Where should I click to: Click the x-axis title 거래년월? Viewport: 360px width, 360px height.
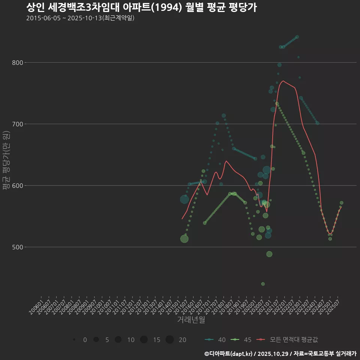(x=191, y=320)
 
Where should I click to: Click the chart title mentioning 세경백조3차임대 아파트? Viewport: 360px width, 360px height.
(x=141, y=7)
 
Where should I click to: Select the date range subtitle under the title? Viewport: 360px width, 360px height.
(x=80, y=18)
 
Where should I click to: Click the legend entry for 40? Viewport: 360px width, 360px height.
(x=215, y=340)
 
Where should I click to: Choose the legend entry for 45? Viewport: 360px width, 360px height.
(x=241, y=340)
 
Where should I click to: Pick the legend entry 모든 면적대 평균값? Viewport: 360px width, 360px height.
(x=289, y=340)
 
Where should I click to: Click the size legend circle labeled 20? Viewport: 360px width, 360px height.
(x=170, y=340)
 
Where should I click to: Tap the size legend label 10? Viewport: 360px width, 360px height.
(x=130, y=340)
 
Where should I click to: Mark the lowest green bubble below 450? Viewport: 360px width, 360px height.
(x=263, y=284)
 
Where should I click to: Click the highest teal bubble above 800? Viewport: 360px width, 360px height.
(x=297, y=37)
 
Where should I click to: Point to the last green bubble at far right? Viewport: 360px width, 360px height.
(x=341, y=203)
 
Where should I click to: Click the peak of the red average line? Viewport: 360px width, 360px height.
(x=283, y=81)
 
